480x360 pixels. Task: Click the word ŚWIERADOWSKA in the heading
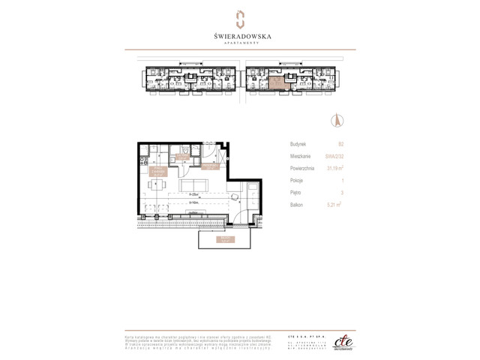[x=240, y=35]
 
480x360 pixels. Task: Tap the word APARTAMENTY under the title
[x=240, y=43]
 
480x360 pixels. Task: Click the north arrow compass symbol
[x=337, y=120]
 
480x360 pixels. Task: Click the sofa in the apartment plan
[x=196, y=185]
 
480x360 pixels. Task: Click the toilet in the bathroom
[x=172, y=150]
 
